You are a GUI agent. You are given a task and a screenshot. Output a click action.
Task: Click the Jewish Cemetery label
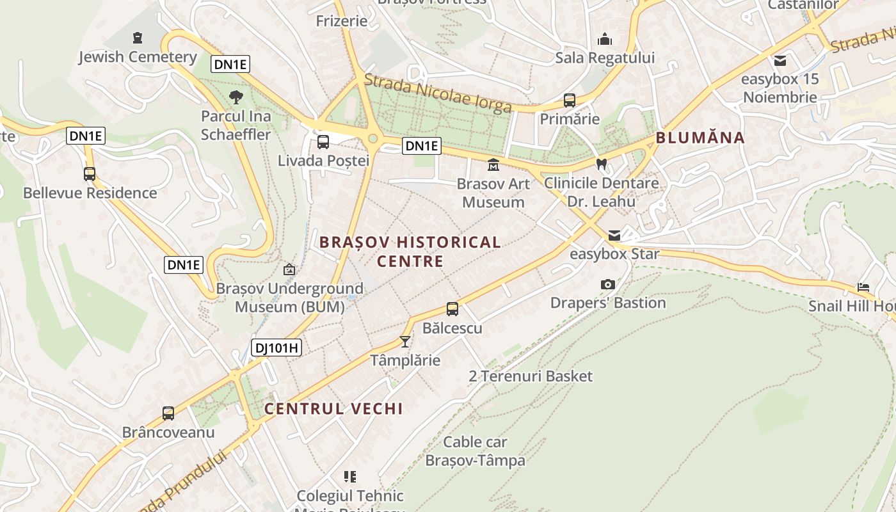tap(138, 57)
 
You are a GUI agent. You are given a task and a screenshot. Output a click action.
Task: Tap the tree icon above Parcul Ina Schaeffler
tap(236, 97)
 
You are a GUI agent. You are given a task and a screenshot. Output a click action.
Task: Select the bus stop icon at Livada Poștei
tap(323, 142)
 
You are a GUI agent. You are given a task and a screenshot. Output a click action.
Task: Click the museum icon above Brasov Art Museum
tap(493, 165)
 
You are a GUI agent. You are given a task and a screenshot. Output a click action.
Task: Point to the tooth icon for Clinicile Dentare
tap(601, 164)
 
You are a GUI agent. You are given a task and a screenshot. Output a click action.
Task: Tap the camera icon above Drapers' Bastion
tap(608, 284)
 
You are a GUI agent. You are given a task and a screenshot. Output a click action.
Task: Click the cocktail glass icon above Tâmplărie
tap(405, 341)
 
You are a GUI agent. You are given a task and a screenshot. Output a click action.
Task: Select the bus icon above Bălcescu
tap(452, 309)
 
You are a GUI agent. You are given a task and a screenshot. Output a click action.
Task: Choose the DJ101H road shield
tap(276, 348)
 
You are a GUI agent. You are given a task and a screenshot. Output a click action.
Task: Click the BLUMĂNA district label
tap(700, 138)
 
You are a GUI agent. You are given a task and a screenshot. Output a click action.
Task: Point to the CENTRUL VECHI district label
tap(333, 409)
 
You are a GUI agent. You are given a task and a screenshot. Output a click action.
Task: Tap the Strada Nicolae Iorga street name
tap(438, 93)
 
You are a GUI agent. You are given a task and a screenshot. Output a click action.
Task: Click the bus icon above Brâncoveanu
tap(168, 413)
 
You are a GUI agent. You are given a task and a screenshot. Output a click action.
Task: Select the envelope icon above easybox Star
tap(614, 236)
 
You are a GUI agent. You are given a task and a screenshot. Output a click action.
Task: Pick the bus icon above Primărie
tap(570, 100)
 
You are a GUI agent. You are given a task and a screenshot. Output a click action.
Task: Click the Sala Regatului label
tap(605, 58)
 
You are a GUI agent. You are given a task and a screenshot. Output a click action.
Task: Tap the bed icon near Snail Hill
tap(863, 287)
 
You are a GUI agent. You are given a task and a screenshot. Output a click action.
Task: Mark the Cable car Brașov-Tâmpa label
tap(475, 451)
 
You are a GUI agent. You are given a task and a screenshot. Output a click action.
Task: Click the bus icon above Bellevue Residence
tap(90, 173)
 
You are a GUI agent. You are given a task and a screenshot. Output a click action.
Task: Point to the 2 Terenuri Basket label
tap(531, 376)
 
